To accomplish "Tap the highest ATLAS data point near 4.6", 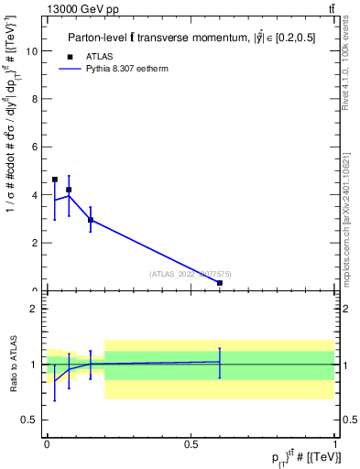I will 55,180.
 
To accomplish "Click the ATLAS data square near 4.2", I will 69,190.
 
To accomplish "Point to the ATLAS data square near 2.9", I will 91,220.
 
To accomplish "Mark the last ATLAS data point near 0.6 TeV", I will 220,283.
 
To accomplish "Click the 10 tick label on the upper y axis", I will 34,51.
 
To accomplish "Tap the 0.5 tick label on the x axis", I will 191,443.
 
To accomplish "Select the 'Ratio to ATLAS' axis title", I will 13,364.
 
